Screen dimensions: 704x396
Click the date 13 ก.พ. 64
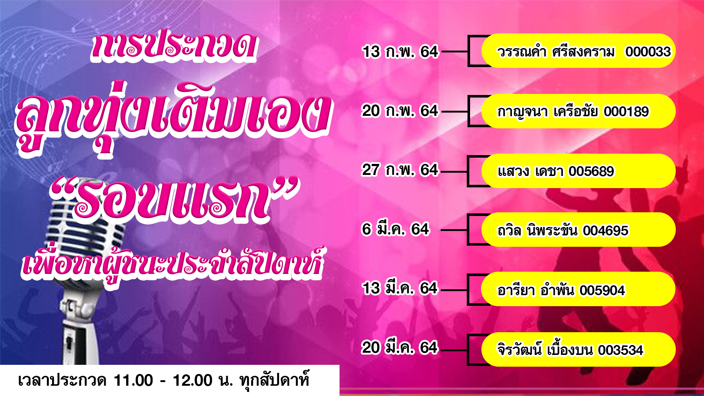coord(400,52)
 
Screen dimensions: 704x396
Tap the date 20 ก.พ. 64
coord(400,111)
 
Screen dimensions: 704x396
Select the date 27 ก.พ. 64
coord(400,170)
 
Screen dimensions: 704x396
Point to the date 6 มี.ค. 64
coord(395,229)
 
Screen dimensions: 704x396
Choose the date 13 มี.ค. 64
coord(400,288)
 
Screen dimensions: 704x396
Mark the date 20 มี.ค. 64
coord(400,348)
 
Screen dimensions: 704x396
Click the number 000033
coord(648,52)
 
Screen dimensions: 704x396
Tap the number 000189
coord(626,111)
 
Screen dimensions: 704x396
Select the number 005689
coord(591,171)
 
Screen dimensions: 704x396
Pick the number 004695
coord(606,231)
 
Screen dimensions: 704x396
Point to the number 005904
coord(602,290)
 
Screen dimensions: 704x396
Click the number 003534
coord(620,350)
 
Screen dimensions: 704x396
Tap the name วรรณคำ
coord(521,52)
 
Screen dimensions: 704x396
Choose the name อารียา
coord(516,290)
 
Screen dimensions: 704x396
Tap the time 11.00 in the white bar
coord(133,381)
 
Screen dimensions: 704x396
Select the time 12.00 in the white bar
coord(192,381)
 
